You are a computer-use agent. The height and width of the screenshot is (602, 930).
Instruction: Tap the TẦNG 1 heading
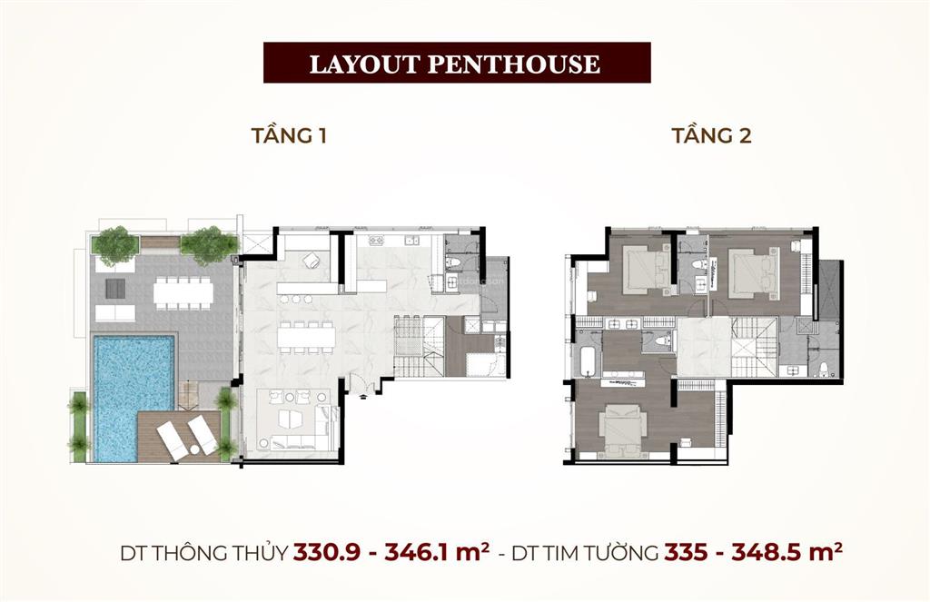289,137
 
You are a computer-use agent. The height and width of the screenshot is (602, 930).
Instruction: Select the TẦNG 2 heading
712,137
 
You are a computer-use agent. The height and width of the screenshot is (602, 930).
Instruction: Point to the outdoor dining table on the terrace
183,291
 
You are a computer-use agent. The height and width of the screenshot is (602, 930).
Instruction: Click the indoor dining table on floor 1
306,336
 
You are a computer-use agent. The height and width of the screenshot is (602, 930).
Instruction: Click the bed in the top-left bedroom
647,271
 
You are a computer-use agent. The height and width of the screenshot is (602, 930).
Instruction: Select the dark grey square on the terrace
116,288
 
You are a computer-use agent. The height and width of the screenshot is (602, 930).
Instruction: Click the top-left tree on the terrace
115,243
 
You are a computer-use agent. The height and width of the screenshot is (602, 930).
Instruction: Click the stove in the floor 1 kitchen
377,242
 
